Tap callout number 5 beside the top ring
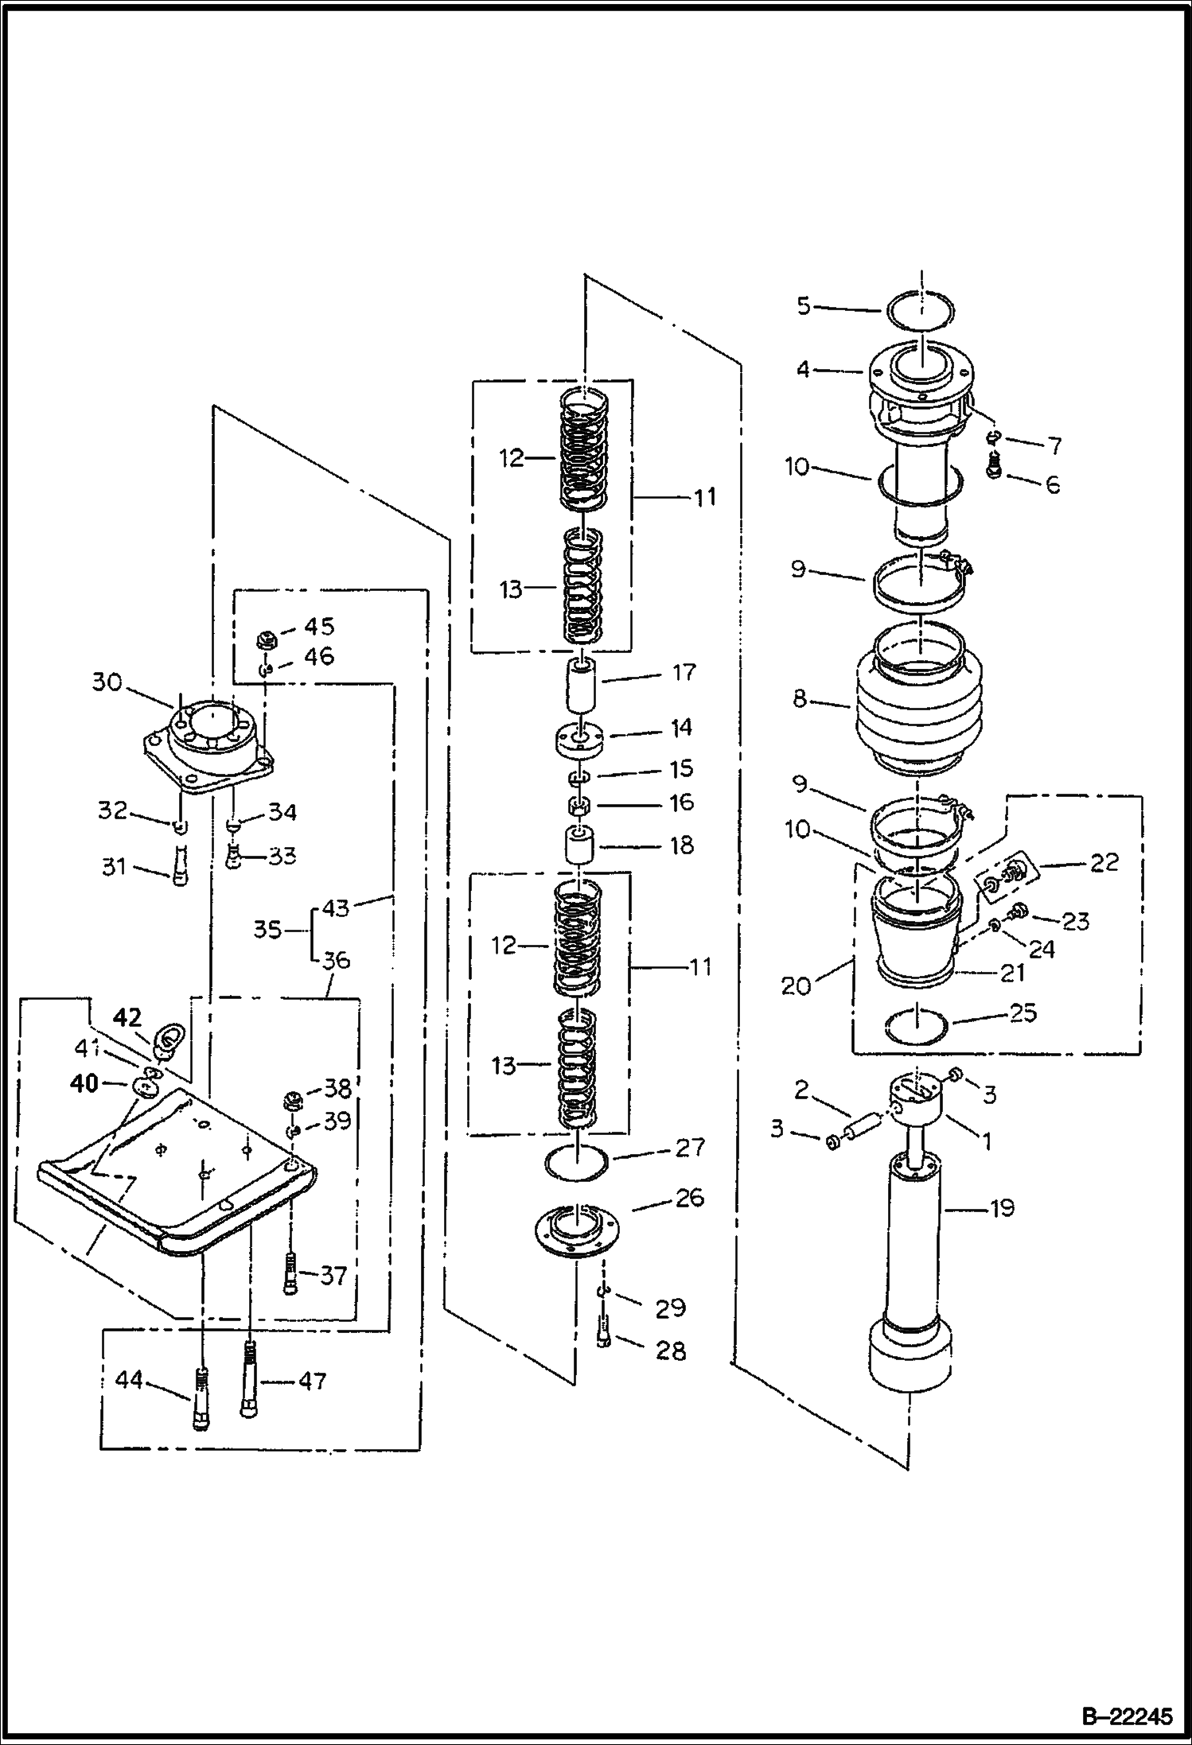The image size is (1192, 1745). point(804,305)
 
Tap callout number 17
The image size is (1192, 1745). point(684,673)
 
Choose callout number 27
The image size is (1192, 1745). point(689,1147)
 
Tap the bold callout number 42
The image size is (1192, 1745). point(127,1017)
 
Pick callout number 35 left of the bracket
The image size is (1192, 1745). point(267,929)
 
